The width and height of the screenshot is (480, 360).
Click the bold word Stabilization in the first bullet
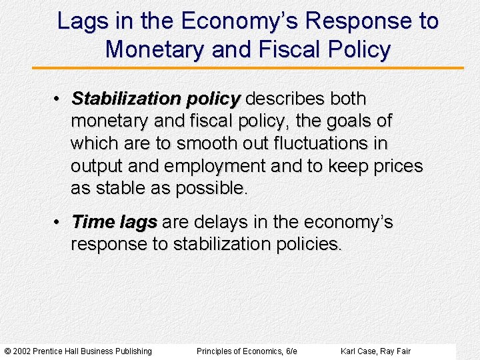pos(125,99)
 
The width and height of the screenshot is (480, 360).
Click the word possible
pos(211,189)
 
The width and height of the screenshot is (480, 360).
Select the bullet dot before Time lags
pos(59,221)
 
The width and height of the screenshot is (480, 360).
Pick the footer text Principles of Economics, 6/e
pos(247,351)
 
